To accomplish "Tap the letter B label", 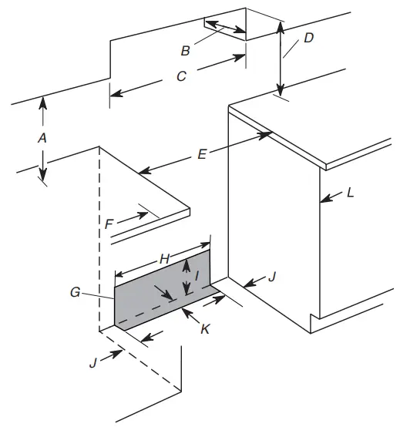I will tap(185, 51).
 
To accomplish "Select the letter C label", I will tap(182, 76).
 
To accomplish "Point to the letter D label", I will tap(308, 38).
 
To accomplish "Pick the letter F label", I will tap(110, 223).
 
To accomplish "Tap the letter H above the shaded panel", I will tap(163, 261).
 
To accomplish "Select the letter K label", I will tap(205, 328).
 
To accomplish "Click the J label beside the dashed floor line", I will tap(94, 361).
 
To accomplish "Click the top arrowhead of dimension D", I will tap(281, 24).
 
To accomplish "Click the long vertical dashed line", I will tap(99, 239).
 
